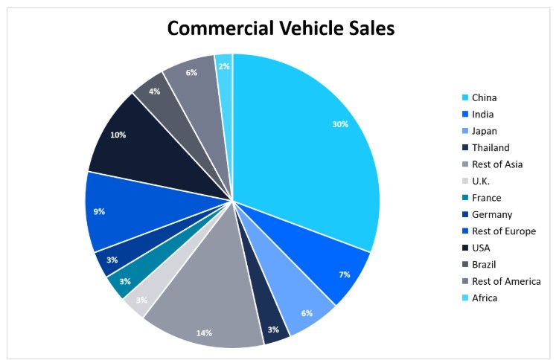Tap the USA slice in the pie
[x=149, y=156]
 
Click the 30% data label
[x=340, y=124]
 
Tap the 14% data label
[x=204, y=332]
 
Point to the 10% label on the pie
[x=118, y=135]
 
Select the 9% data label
[x=99, y=211]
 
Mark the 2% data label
[x=224, y=66]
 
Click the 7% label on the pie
[x=344, y=274]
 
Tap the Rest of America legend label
[x=506, y=281]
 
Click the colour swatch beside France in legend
[x=465, y=198]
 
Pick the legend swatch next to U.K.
[x=465, y=181]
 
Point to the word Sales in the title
[x=368, y=28]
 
